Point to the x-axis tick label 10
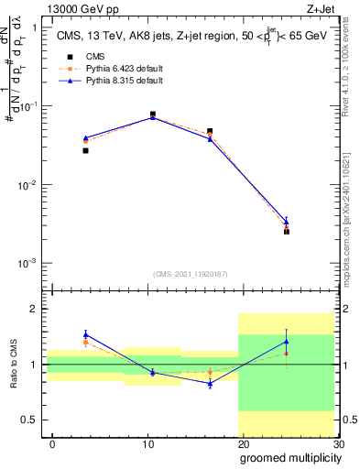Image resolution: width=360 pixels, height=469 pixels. click(x=147, y=443)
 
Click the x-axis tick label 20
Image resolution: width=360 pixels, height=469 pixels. click(x=243, y=443)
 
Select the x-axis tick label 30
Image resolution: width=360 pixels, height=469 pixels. click(x=337, y=443)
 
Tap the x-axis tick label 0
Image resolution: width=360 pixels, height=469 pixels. click(x=52, y=443)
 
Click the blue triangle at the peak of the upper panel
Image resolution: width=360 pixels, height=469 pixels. click(x=152, y=117)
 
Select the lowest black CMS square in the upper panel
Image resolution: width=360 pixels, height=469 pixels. click(x=287, y=232)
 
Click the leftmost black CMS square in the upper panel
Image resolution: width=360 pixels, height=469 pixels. click(x=85, y=150)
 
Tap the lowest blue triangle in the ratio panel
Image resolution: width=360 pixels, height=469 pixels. click(x=210, y=384)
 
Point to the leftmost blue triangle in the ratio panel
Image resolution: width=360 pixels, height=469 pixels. click(x=85, y=334)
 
